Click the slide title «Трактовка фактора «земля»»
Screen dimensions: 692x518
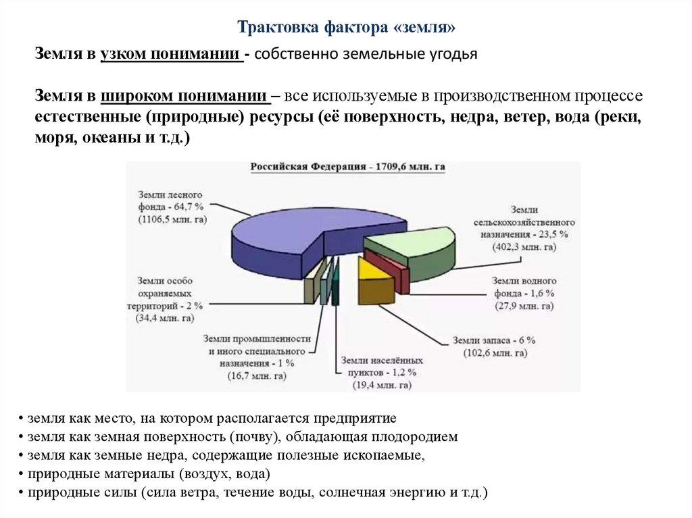[347, 27]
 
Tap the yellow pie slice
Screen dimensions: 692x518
[372, 268]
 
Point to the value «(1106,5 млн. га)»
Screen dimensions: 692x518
[172, 219]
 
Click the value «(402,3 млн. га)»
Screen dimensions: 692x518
[524, 247]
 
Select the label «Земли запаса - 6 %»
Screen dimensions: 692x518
[494, 340]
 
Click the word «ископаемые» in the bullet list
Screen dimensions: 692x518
[386, 455]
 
